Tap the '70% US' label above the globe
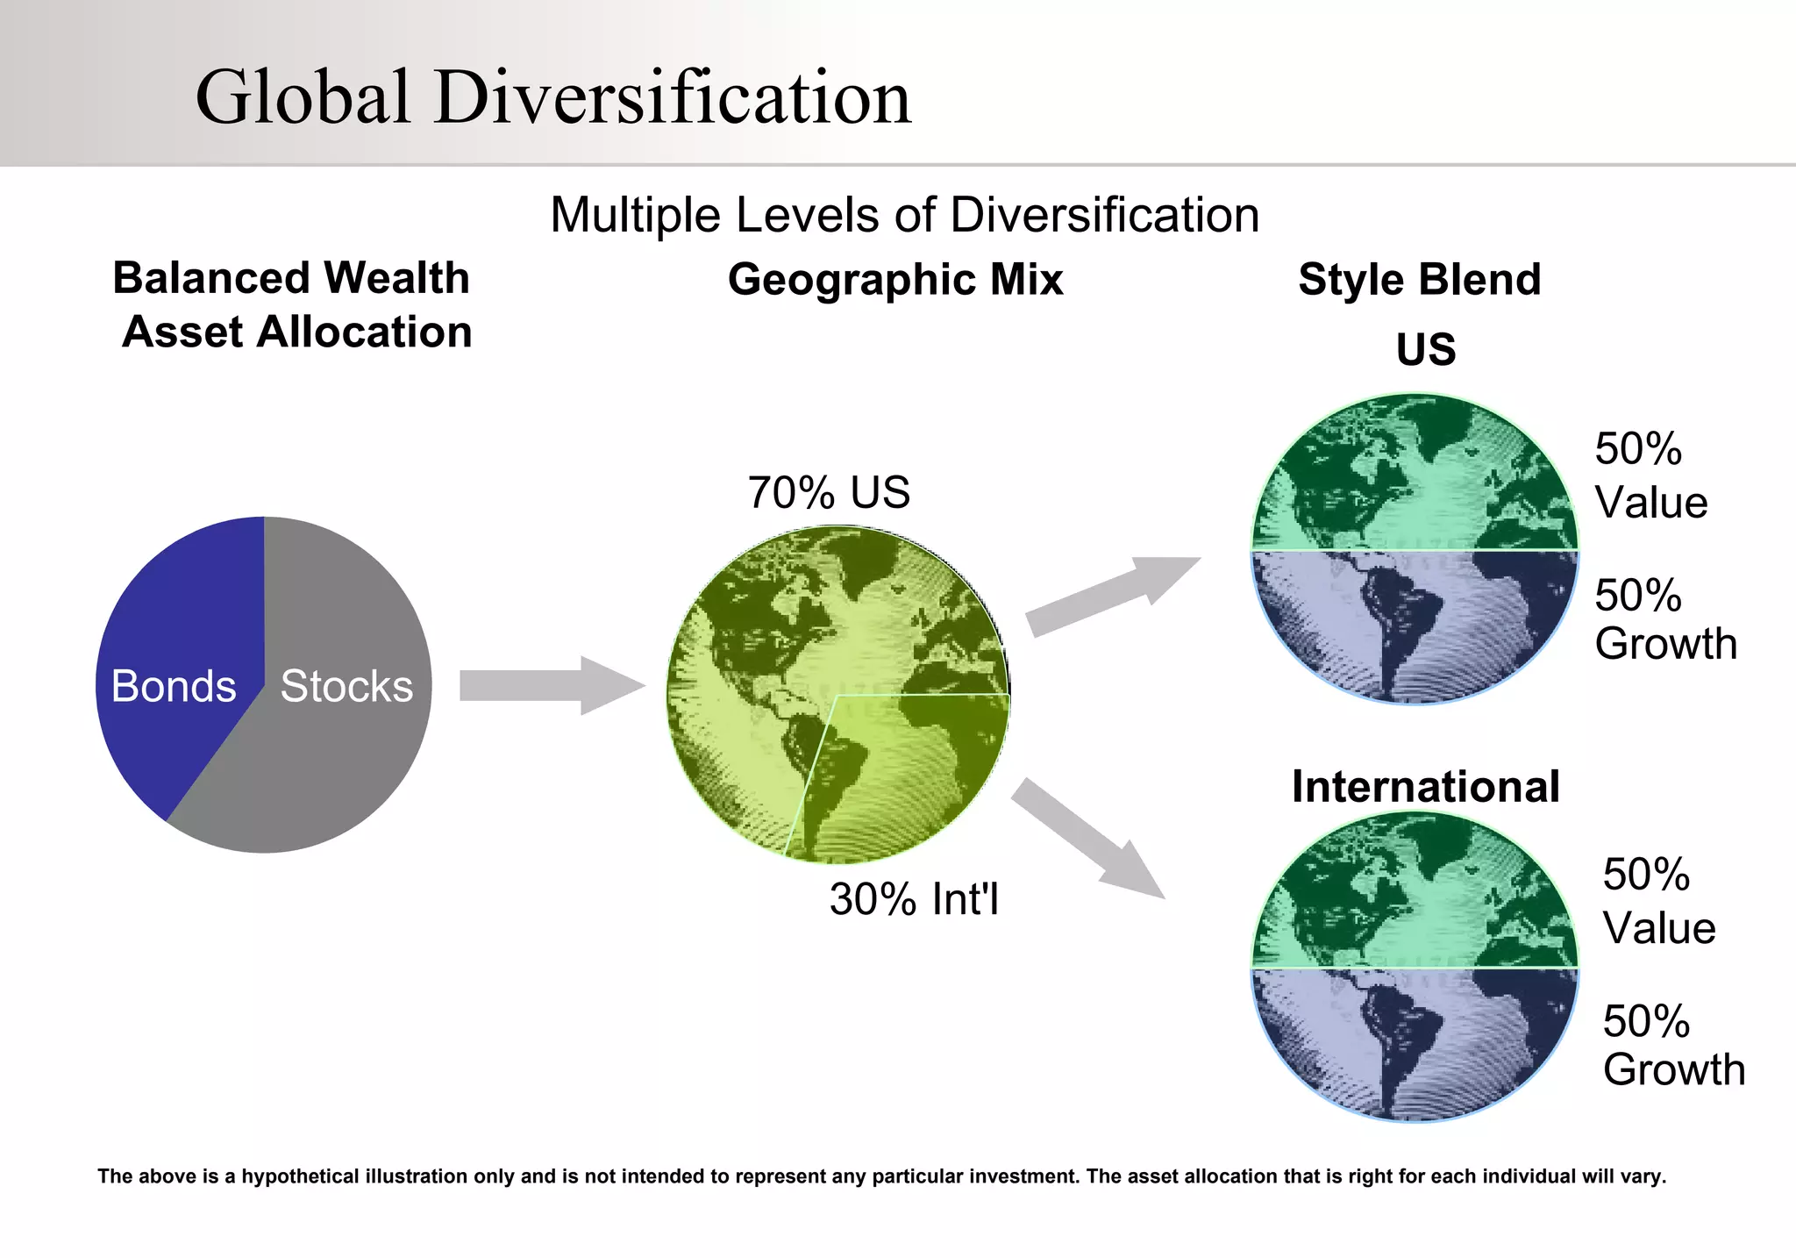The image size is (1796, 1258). (x=829, y=492)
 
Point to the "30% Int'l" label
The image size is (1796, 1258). (x=914, y=899)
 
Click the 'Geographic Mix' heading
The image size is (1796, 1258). (x=895, y=280)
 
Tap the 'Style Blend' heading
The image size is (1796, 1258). (x=1419, y=280)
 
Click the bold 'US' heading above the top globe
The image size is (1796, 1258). (x=1426, y=349)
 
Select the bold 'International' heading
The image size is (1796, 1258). (x=1425, y=786)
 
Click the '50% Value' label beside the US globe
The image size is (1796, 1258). (x=1650, y=475)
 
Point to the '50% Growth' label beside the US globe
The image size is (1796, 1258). (x=1664, y=619)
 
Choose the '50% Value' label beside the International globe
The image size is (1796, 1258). (x=1658, y=901)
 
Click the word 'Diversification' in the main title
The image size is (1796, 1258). (x=672, y=96)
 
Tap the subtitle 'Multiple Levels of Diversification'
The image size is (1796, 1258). (x=904, y=215)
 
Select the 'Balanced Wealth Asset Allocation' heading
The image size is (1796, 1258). (x=295, y=305)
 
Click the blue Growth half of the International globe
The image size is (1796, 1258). (x=1415, y=1044)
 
